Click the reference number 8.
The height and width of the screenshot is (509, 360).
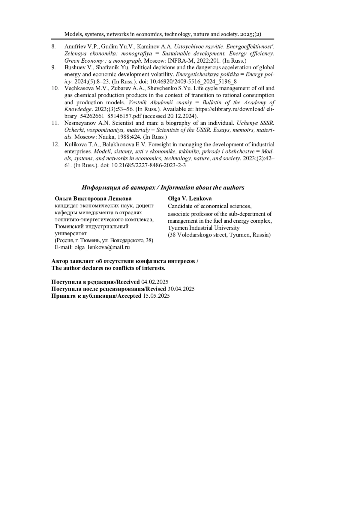(53, 47)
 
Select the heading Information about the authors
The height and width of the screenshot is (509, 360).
(202, 188)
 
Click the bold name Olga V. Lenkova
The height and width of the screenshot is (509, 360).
(190, 198)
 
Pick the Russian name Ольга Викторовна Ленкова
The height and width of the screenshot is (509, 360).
(93, 198)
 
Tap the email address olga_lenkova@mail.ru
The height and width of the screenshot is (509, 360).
(102, 247)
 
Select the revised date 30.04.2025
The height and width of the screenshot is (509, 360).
(181, 289)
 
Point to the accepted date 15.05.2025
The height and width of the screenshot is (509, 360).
(156, 296)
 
